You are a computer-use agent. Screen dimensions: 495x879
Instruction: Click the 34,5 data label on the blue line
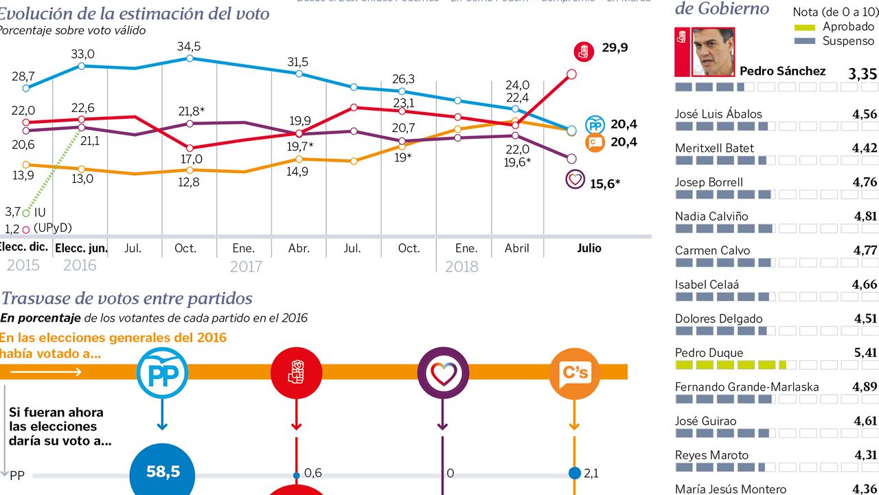coord(189,47)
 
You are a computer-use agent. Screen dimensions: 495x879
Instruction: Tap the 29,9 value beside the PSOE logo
coord(615,47)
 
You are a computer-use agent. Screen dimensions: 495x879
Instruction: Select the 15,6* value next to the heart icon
coord(605,184)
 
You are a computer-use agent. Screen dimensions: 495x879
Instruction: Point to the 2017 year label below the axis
coord(246,266)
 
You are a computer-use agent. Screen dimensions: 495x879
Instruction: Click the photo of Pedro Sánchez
coord(713,52)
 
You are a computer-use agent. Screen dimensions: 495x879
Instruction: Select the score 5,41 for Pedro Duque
coord(864,353)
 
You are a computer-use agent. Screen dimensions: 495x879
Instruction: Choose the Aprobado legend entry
coord(848,27)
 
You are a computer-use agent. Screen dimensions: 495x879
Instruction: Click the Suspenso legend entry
coord(848,41)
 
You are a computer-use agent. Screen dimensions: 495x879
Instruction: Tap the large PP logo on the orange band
coord(162,373)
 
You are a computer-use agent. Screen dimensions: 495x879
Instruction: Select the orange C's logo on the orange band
coord(575,373)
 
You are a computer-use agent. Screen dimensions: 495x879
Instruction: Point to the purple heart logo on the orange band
coord(443,373)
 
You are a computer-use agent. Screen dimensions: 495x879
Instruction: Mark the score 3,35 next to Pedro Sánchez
coord(863,74)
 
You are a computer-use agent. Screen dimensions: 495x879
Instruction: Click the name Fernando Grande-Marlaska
coord(746,387)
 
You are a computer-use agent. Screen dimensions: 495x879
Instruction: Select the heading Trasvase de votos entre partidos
coord(127,298)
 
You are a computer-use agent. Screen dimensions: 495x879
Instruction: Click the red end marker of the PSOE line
coord(571,74)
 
